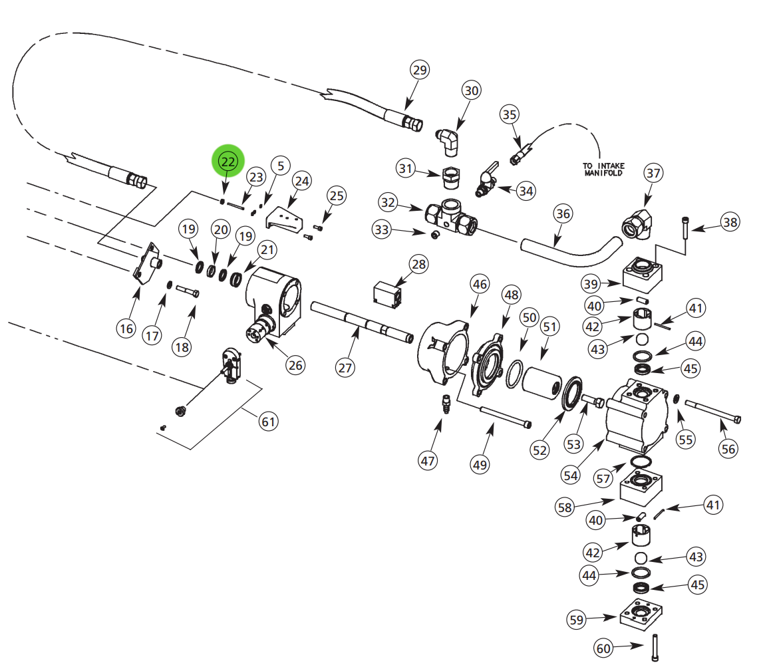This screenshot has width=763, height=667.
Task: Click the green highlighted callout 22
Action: click(228, 161)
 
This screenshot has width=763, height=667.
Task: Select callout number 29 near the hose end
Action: click(420, 70)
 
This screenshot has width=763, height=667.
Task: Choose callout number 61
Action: click(267, 421)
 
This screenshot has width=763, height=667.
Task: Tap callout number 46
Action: click(479, 284)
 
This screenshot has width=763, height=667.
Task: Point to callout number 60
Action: click(603, 647)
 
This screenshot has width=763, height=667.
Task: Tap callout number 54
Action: click(570, 475)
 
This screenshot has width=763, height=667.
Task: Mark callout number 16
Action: click(126, 327)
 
